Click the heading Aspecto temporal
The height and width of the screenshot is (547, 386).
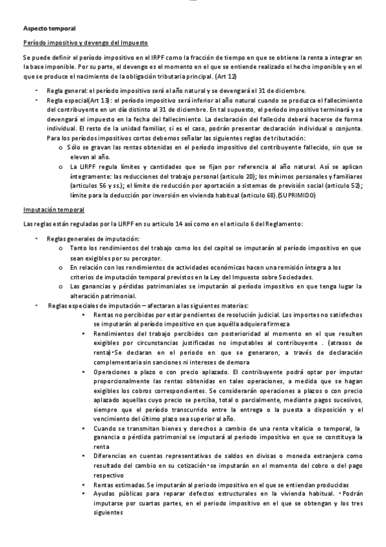point(50,28)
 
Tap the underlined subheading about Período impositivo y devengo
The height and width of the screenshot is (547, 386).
point(86,43)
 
